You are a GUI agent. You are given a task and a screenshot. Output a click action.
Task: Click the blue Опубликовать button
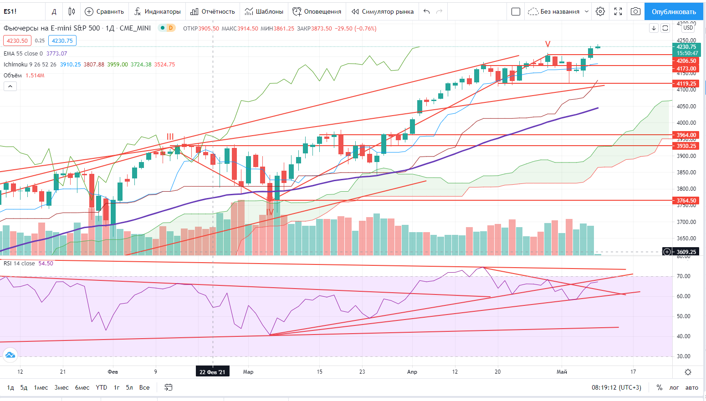(x=674, y=11)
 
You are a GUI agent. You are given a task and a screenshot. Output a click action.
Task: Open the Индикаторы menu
(x=158, y=11)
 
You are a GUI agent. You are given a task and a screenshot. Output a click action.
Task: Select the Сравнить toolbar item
(x=104, y=11)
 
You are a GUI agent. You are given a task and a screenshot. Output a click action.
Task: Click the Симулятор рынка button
(x=383, y=11)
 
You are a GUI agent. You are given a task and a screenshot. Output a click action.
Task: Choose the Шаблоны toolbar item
(x=264, y=11)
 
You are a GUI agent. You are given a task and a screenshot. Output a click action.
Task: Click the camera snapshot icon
(x=635, y=11)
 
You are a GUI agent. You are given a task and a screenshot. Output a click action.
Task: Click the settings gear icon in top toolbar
(x=600, y=11)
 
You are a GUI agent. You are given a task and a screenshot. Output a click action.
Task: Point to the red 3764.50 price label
(x=686, y=200)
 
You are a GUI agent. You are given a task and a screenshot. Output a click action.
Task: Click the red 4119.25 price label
(x=686, y=84)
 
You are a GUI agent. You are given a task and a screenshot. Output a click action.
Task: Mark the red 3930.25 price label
(x=686, y=146)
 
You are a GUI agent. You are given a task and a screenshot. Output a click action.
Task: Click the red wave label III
(x=170, y=137)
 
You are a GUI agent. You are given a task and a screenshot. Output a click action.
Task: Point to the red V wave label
(x=548, y=44)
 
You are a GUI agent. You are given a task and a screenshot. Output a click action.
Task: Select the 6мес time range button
(x=82, y=387)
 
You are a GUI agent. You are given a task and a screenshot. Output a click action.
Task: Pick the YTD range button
(x=102, y=387)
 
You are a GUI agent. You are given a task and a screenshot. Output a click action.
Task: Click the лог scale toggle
(x=674, y=387)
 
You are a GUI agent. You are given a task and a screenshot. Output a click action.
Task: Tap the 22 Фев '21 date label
(x=212, y=372)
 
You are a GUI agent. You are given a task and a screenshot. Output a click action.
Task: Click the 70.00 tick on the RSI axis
(x=683, y=276)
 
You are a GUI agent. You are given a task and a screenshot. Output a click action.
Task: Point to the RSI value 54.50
(x=46, y=264)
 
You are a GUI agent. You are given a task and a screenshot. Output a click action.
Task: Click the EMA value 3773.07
(x=56, y=54)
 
